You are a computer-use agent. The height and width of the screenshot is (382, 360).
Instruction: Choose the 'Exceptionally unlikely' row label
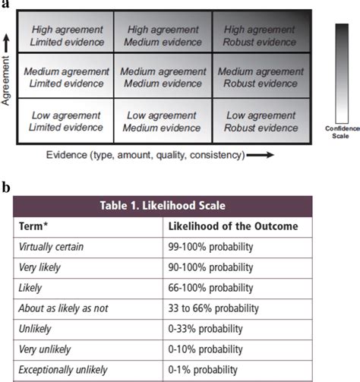pyautogui.click(x=64, y=370)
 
